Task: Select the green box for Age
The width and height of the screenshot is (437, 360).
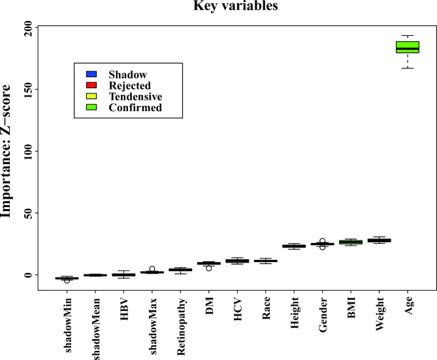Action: [408, 47]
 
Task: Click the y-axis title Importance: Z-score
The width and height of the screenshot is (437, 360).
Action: [8, 151]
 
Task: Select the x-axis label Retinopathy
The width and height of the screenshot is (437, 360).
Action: [181, 322]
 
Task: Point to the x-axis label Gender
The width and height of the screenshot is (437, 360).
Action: [323, 315]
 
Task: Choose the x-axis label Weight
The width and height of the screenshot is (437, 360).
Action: [380, 314]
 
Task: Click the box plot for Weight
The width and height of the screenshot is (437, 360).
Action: [379, 240]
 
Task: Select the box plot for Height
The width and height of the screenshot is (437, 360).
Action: [294, 246]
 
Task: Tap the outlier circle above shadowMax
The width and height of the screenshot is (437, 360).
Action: [152, 269]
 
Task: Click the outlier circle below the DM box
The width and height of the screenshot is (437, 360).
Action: [209, 268]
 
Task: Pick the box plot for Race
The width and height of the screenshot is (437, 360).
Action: [266, 261]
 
